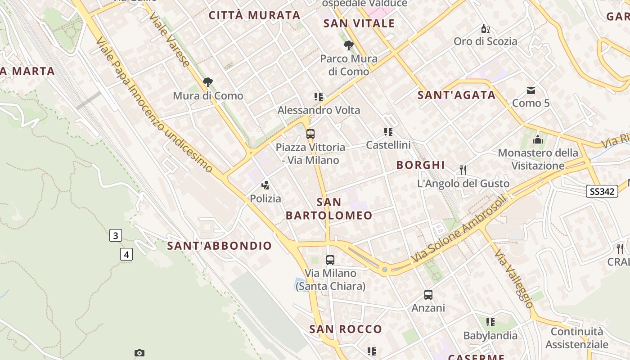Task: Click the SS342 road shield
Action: [602, 191]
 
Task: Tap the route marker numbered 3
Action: [116, 235]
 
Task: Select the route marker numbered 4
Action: [126, 254]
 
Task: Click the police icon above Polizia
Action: [265, 184]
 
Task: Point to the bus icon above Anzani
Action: [428, 295]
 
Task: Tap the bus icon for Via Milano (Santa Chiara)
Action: [330, 260]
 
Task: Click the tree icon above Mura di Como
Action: [207, 82]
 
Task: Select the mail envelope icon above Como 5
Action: [531, 90]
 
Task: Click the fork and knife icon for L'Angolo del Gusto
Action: [463, 170]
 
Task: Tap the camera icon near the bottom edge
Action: [139, 353]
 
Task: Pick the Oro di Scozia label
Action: [486, 41]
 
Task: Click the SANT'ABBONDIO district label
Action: [220, 246]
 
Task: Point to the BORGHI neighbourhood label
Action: [420, 165]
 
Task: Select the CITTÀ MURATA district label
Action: [255, 15]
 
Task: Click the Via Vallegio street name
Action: [513, 279]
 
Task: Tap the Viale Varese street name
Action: [169, 39]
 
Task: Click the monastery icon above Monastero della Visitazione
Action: [538, 140]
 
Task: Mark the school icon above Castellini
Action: [388, 132]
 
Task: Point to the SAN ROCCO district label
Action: [346, 329]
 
